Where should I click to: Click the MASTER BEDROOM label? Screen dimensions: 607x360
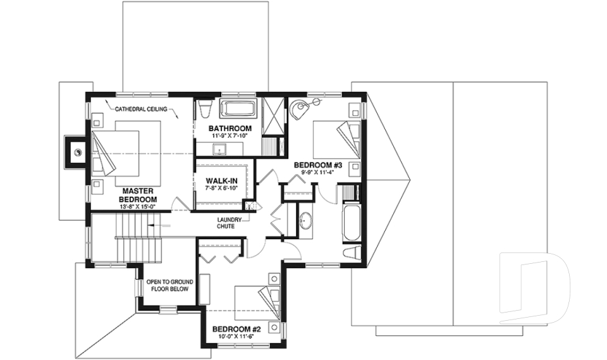click(x=138, y=194)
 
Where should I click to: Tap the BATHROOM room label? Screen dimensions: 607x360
click(x=230, y=128)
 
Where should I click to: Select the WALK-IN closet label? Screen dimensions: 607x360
click(x=221, y=181)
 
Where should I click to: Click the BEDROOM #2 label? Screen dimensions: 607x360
click(x=236, y=330)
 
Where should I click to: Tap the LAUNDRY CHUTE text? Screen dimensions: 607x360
click(x=229, y=223)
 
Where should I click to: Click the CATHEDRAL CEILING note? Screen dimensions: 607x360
click(x=141, y=109)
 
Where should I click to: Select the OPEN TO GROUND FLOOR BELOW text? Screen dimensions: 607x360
click(x=170, y=285)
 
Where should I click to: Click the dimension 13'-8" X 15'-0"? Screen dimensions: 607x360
click(x=138, y=206)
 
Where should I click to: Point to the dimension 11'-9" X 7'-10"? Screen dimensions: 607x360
click(x=230, y=136)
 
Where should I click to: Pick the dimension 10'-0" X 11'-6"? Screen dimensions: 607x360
click(x=235, y=337)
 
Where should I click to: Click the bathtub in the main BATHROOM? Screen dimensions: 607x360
click(x=238, y=108)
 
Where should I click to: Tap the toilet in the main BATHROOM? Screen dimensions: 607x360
click(x=204, y=108)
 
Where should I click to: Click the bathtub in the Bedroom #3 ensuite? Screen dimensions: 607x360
click(x=351, y=223)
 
